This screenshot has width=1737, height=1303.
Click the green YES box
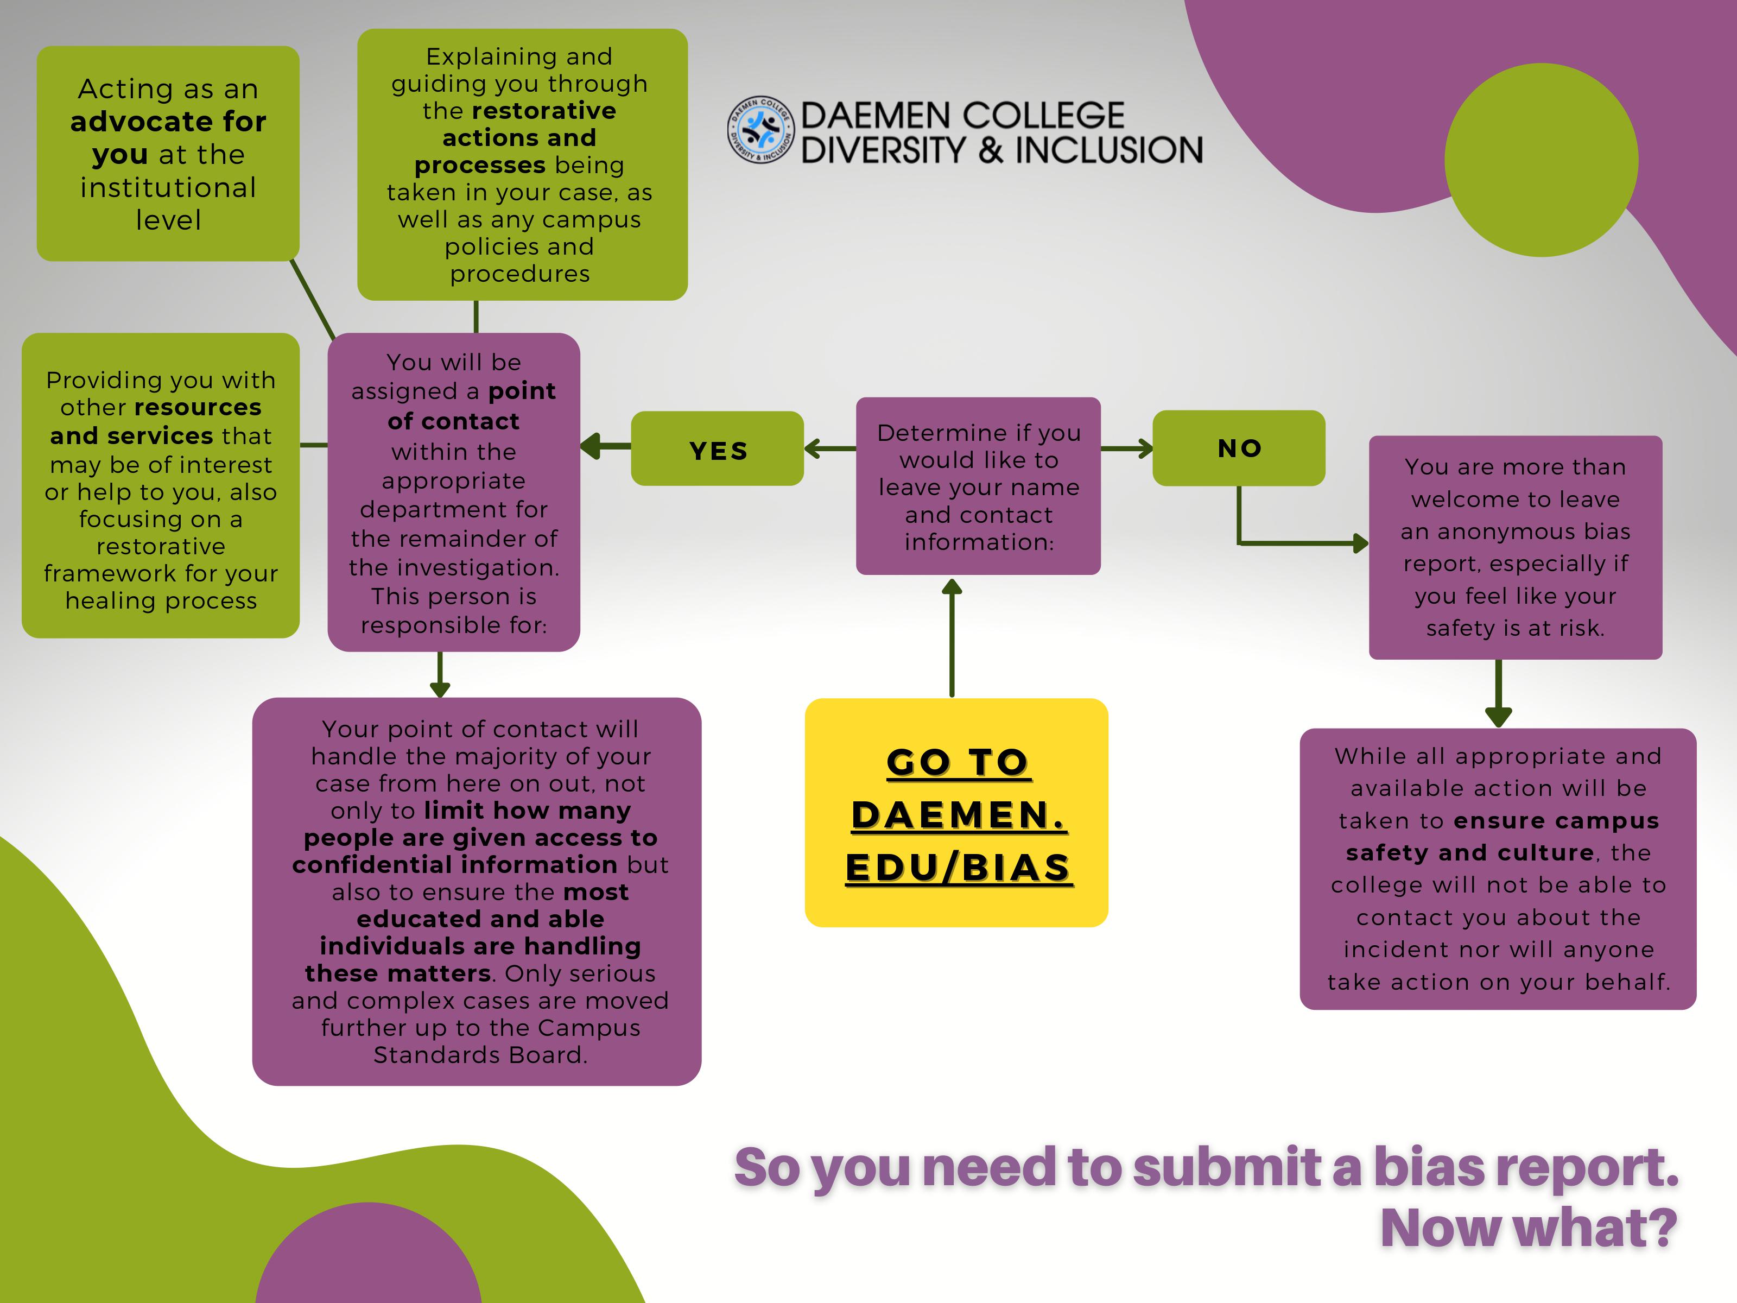[717, 448]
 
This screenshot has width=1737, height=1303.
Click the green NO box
[1238, 448]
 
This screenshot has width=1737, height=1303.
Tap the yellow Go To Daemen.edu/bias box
[956, 812]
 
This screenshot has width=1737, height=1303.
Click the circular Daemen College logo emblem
[760, 130]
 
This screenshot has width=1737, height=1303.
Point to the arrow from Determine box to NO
[1127, 448]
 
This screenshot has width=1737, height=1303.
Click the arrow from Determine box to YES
[829, 448]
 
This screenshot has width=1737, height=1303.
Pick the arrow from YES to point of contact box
[605, 446]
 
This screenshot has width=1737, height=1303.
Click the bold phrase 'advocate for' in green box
[168, 122]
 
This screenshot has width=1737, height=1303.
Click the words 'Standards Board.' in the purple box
[480, 1055]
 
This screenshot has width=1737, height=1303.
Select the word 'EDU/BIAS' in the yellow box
[958, 867]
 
